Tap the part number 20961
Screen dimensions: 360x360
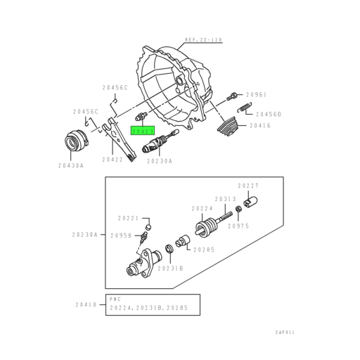click(x=256, y=94)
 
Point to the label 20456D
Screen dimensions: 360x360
click(x=269, y=113)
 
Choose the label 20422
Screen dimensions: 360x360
click(x=112, y=160)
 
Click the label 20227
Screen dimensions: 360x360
click(x=248, y=185)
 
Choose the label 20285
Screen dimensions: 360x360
click(x=205, y=248)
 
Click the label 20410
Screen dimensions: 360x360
click(x=86, y=304)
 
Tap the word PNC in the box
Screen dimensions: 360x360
click(x=115, y=298)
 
